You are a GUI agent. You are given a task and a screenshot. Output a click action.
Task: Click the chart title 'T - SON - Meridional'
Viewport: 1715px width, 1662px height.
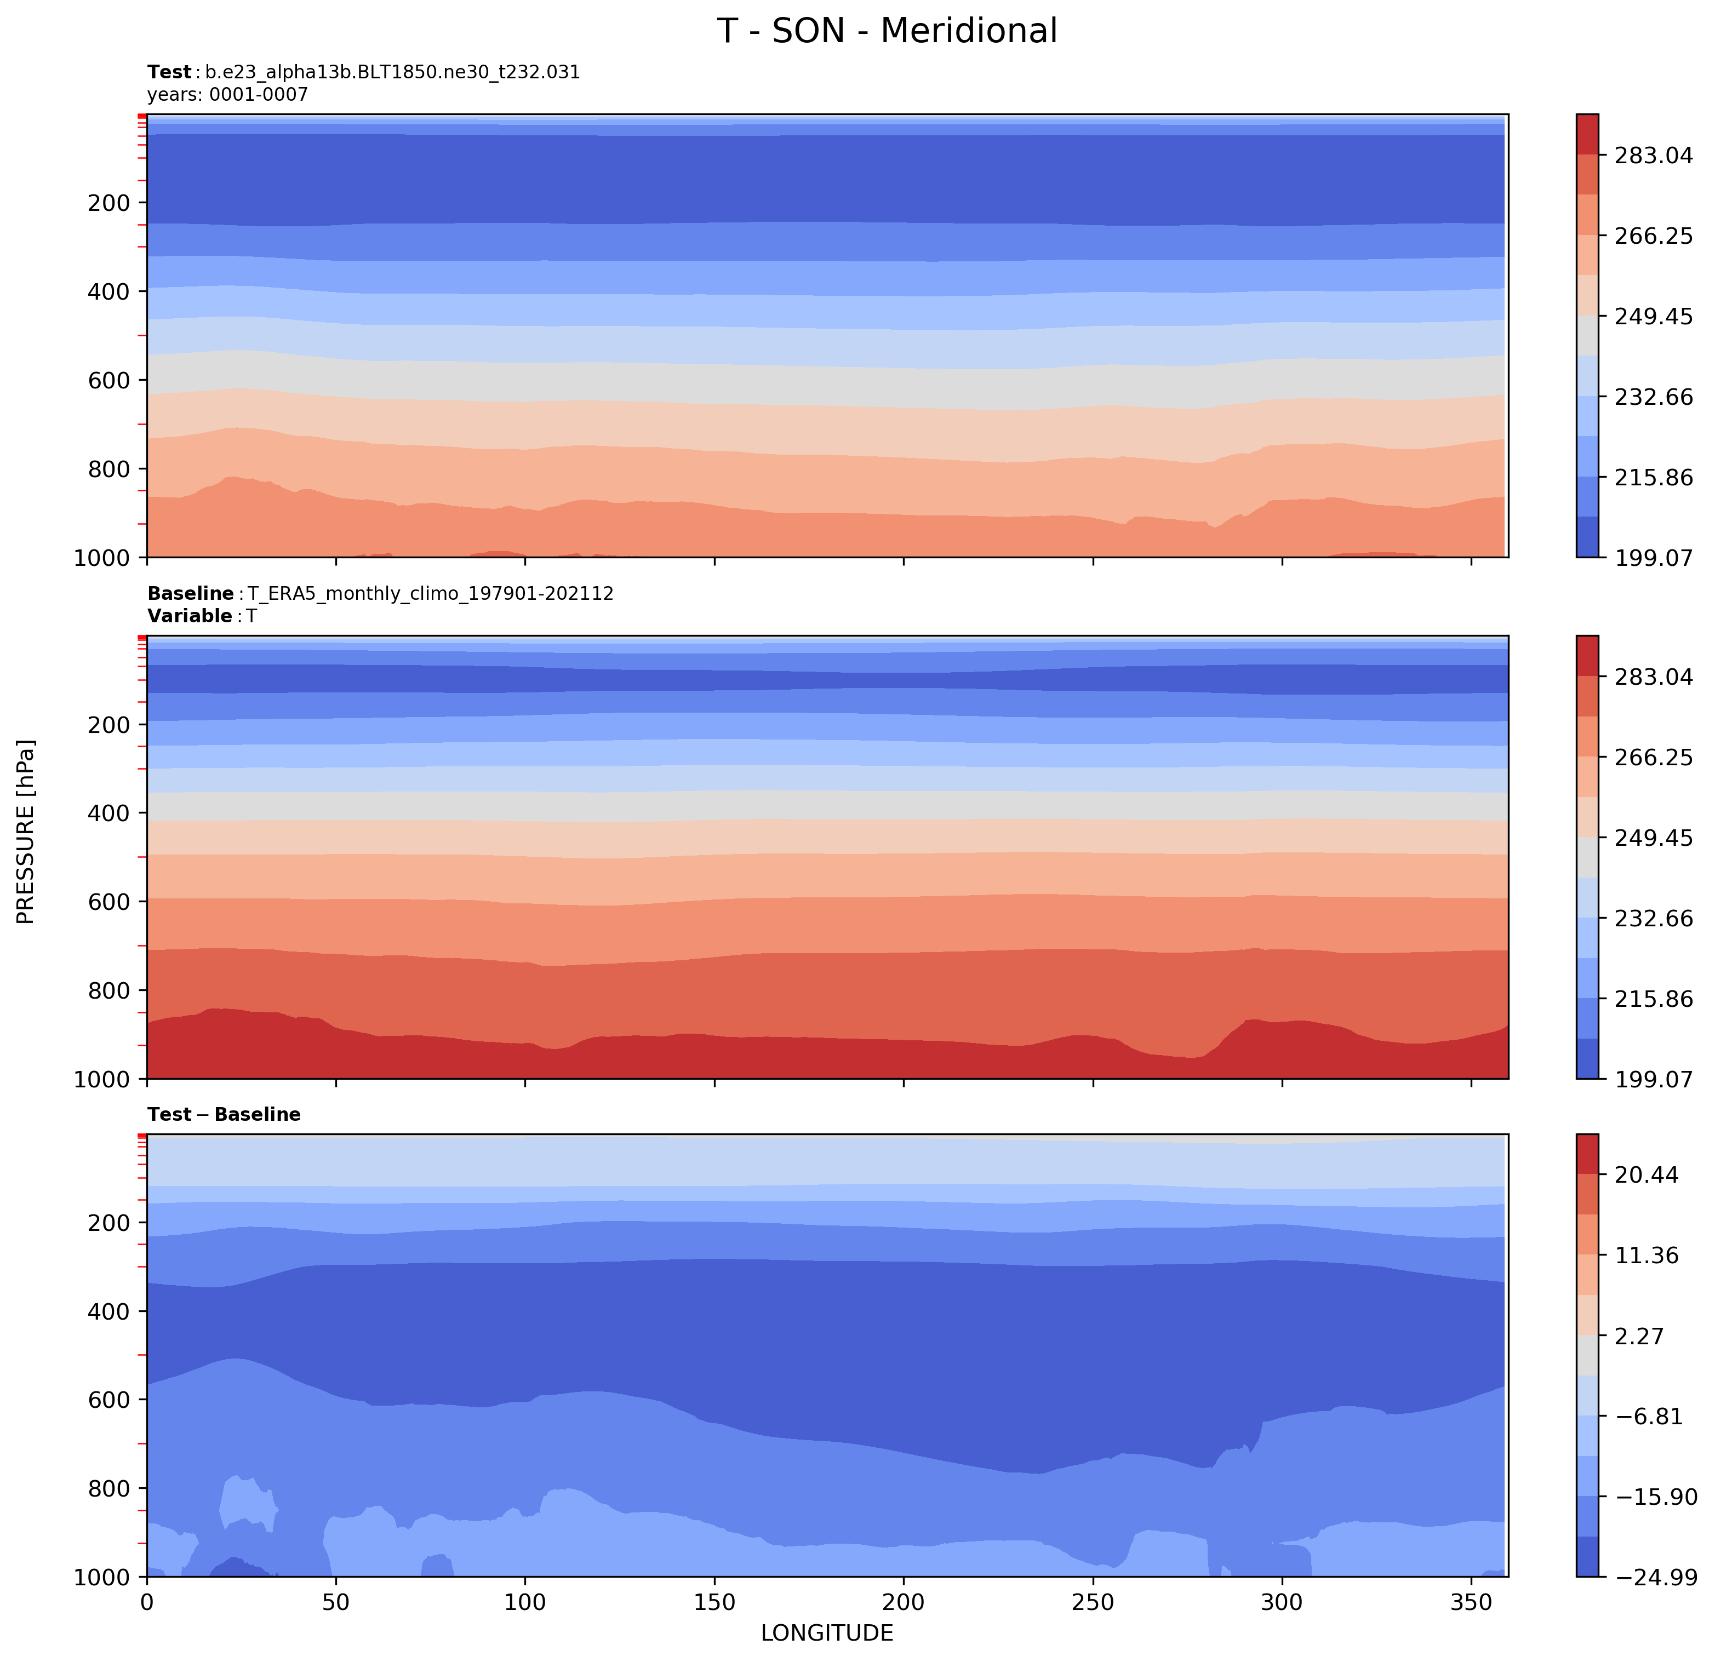click(x=887, y=31)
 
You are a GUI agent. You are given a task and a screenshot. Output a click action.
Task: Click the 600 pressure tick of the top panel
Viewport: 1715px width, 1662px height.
click(x=110, y=381)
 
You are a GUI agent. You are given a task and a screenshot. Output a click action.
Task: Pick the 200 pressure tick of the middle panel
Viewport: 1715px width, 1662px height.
click(x=110, y=725)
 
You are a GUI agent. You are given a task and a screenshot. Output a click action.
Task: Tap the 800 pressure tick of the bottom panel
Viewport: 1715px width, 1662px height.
click(x=110, y=1488)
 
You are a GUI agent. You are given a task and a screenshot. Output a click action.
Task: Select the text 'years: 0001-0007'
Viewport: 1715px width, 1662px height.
click(x=227, y=94)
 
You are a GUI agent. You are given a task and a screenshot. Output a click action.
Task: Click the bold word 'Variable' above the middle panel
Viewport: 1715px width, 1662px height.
click(x=189, y=616)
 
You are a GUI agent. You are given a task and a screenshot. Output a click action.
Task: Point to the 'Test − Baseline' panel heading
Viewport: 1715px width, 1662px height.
click(x=224, y=1114)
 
